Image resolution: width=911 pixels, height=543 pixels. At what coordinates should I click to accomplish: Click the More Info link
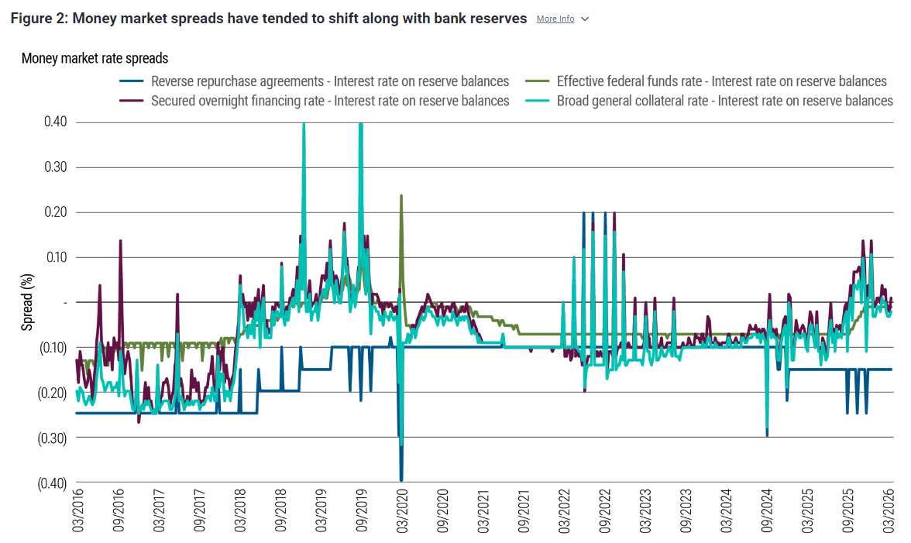coord(555,19)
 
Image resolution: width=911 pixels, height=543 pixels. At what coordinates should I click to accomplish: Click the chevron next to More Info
coord(585,19)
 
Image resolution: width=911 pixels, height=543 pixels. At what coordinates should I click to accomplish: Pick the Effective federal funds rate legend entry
coord(721,81)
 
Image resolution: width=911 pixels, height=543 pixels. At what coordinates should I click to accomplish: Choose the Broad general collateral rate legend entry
coord(724,101)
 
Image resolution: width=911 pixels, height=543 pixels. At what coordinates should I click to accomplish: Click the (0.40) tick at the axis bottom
coord(53,483)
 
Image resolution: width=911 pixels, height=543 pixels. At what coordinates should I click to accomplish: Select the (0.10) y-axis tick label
coord(53,348)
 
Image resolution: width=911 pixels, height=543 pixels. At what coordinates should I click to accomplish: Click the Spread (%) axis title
coord(27,301)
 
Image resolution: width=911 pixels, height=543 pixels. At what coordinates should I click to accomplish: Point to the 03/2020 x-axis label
coord(401,510)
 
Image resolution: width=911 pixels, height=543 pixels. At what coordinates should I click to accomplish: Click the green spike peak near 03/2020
coord(400,195)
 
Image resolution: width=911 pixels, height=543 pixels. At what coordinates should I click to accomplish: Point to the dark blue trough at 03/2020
coord(401,480)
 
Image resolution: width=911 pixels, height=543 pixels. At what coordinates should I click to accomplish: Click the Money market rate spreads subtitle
coord(95,58)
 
